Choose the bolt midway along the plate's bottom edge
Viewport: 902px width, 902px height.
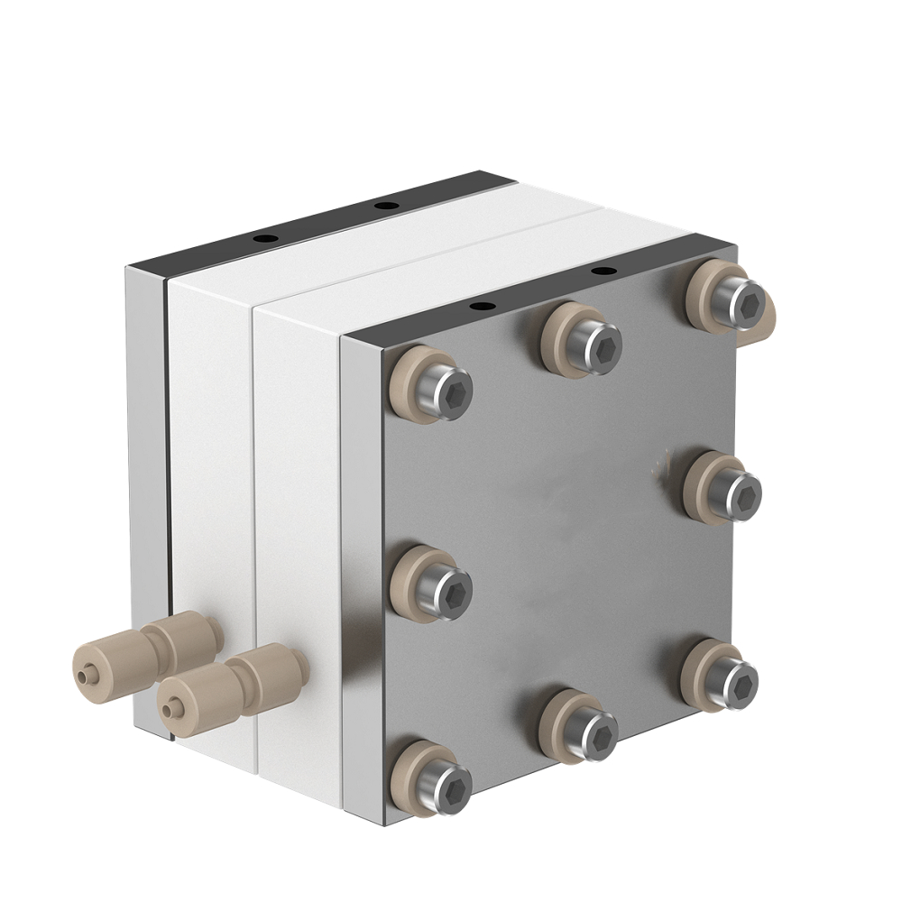(585, 727)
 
